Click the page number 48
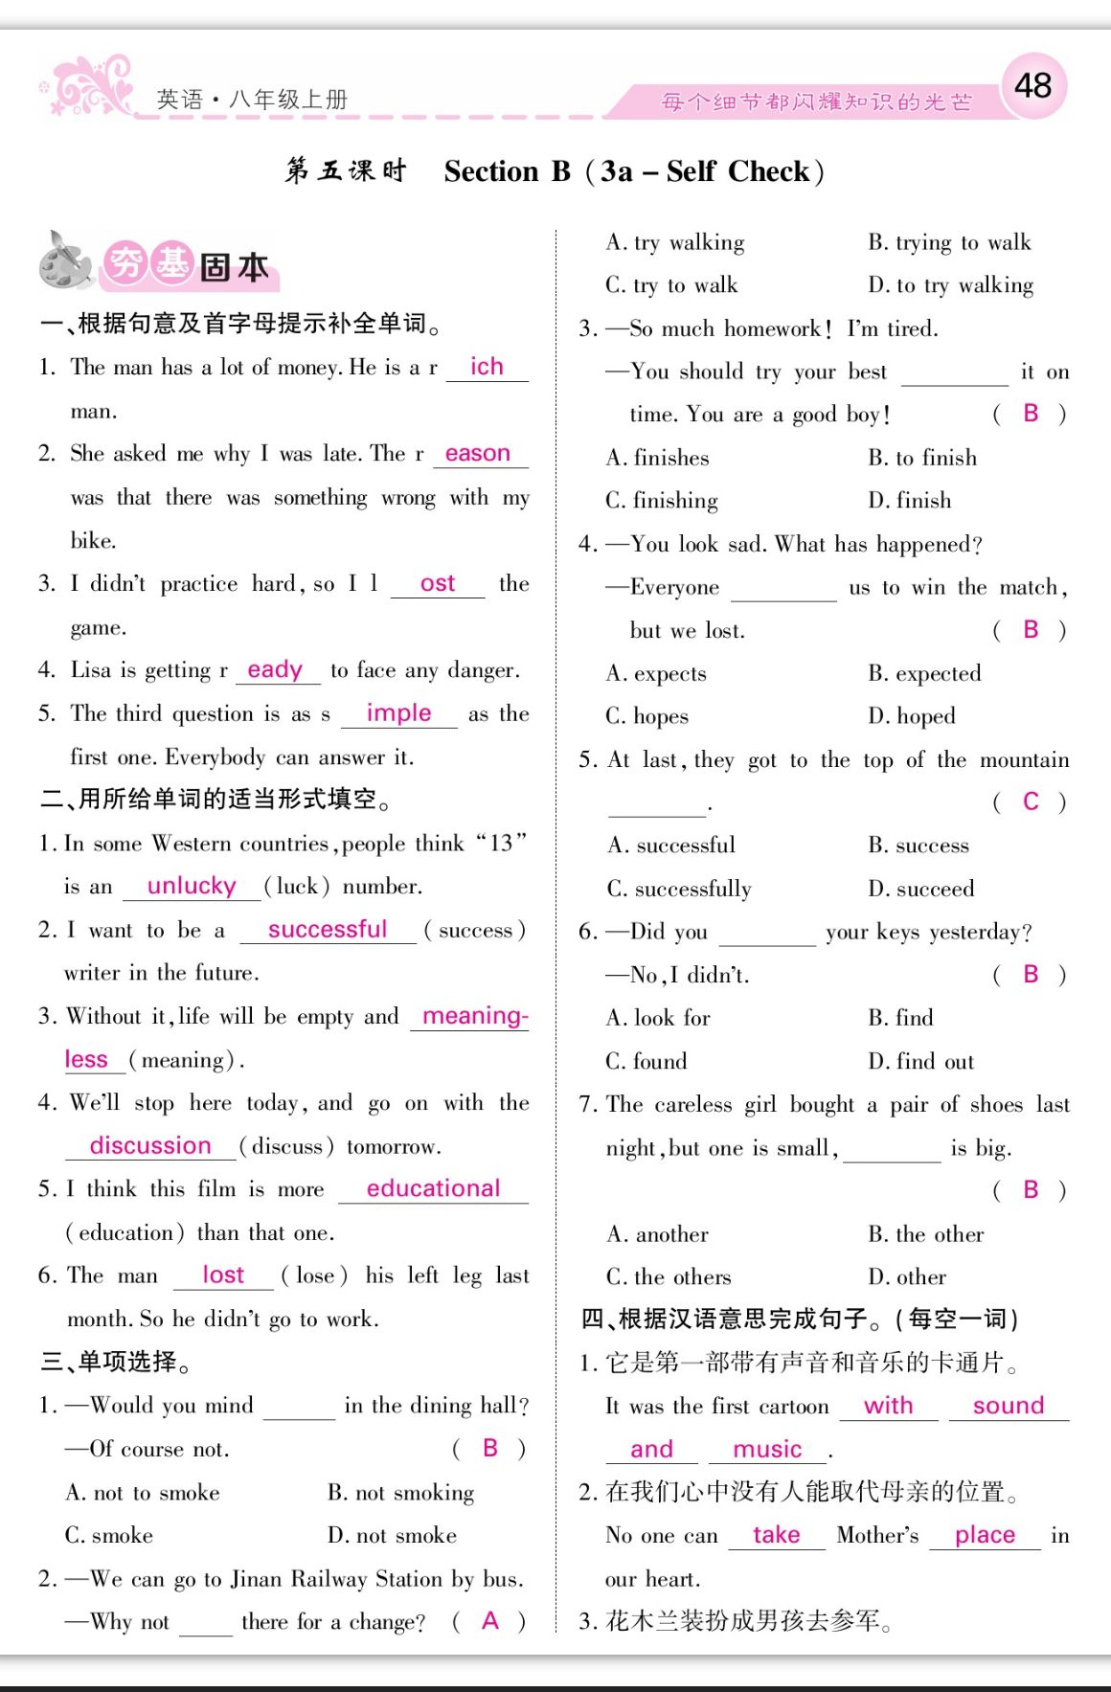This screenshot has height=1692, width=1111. (1032, 86)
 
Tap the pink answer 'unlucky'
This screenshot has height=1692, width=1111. (192, 886)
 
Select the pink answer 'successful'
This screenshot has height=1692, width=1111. (328, 929)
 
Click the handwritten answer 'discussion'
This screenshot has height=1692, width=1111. (150, 1145)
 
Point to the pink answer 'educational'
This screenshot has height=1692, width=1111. (433, 1188)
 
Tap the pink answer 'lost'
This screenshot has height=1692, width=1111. (223, 1275)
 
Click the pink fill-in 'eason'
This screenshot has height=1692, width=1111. (478, 453)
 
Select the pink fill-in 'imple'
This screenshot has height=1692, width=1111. (398, 713)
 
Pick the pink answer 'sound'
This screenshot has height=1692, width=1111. (1008, 1405)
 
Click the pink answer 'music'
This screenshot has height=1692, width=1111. (767, 1449)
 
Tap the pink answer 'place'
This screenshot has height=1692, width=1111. (985, 1535)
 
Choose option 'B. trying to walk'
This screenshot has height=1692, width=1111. (949, 242)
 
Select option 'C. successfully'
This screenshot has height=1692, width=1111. (679, 889)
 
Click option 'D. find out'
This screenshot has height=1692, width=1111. (920, 1061)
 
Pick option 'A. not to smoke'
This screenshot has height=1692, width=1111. (143, 1492)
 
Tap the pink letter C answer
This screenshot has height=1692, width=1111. (1031, 801)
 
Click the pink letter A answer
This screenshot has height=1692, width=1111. (490, 1620)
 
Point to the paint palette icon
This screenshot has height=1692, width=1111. (65, 260)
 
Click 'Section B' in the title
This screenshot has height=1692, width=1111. (507, 171)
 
